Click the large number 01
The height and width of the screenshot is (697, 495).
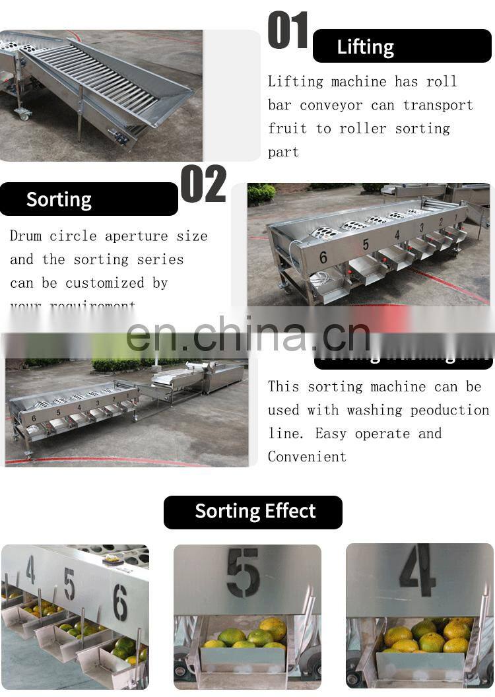click(288, 31)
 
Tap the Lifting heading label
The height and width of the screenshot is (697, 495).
click(365, 47)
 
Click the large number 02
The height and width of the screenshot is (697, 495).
click(203, 184)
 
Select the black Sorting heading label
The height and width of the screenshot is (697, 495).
click(59, 199)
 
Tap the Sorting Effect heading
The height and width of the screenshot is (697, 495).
click(255, 512)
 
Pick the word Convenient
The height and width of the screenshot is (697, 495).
click(307, 457)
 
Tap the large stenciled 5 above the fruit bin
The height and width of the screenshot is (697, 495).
click(243, 572)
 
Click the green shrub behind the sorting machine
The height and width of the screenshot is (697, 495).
click(262, 193)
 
